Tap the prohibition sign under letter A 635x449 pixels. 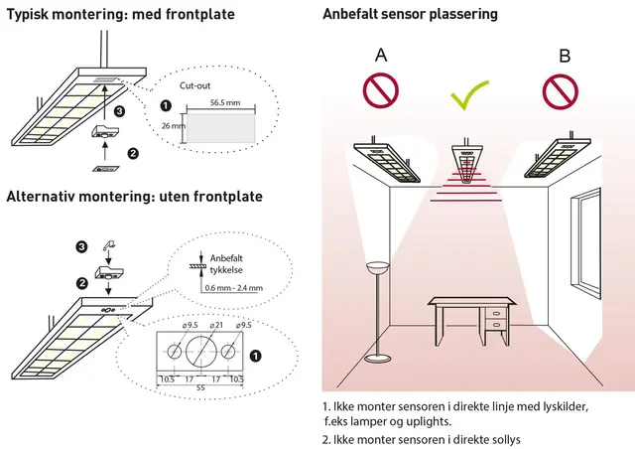coord(381,90)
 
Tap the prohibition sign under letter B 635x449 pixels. coord(562,90)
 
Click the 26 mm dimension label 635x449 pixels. coord(172,126)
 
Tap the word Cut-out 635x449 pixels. coord(195,85)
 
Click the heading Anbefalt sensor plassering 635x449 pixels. coord(410,15)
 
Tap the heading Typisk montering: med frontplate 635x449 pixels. coord(121,15)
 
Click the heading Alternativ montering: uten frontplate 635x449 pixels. coord(134,197)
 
